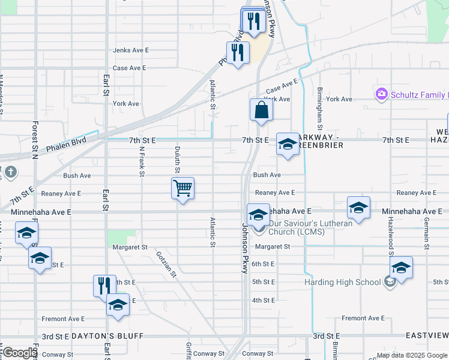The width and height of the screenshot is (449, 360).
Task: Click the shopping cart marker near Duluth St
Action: point(182,188)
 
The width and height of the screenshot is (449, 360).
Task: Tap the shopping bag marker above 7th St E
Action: point(261,110)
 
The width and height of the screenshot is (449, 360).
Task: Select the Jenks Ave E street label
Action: point(130,50)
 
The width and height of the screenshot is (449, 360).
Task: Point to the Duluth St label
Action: point(178,158)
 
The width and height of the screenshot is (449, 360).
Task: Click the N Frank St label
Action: point(142,162)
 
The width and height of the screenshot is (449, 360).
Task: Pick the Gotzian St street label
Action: point(166,264)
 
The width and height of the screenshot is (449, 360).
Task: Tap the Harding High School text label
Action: point(342,283)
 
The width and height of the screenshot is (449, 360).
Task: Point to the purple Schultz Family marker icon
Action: point(381,94)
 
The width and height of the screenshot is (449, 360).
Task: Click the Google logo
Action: point(19,353)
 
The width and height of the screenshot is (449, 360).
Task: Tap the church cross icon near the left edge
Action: point(10,173)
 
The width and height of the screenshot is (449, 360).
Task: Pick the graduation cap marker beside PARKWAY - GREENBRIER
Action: point(288,144)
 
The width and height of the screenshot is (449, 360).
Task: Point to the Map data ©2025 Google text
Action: point(411,355)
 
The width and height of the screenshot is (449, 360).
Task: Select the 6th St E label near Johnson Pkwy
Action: point(263,264)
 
